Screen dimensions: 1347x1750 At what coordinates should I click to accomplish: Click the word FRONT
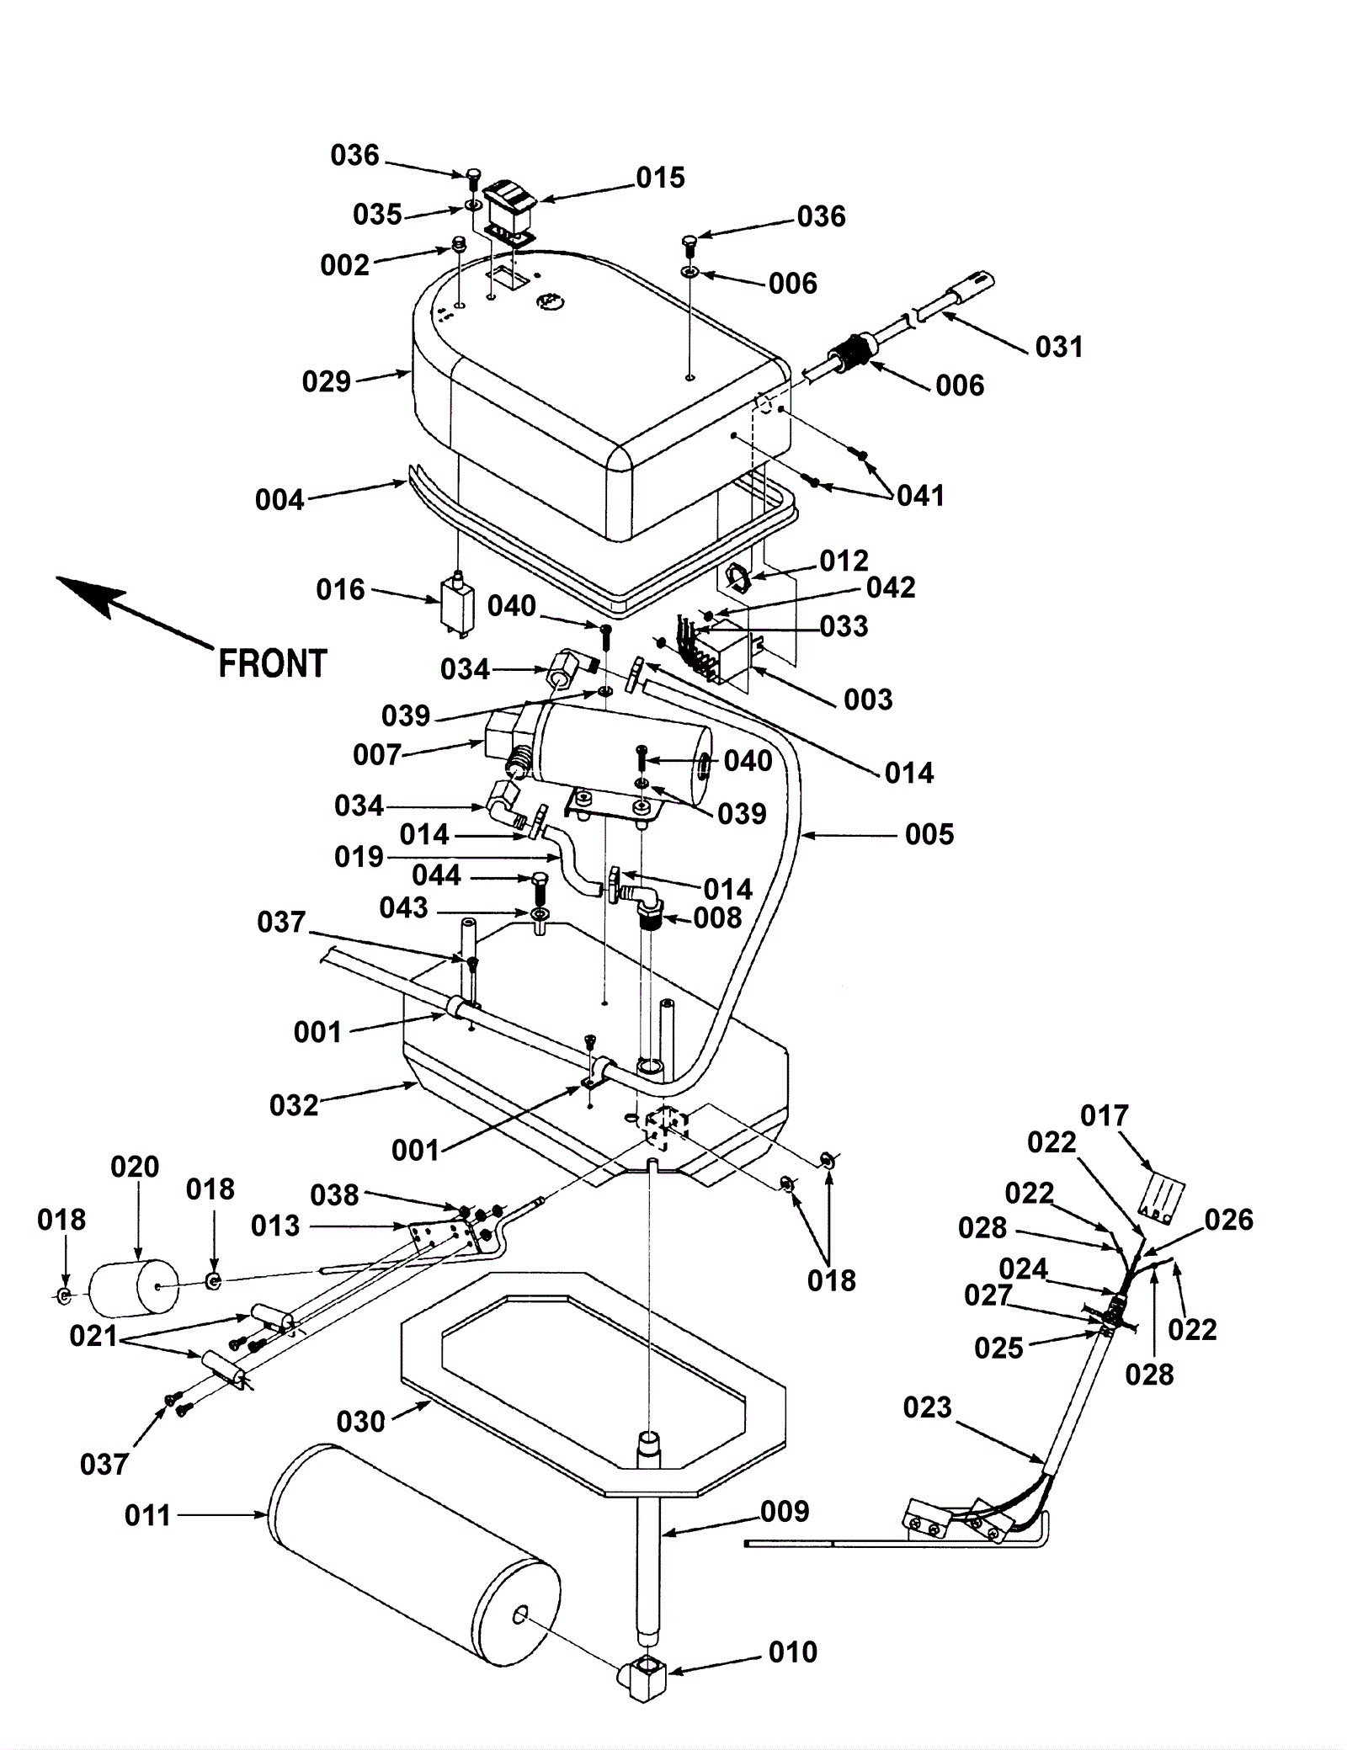(x=272, y=664)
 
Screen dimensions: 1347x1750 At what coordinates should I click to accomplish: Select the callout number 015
(x=661, y=178)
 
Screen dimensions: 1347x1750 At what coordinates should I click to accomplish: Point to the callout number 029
(x=327, y=382)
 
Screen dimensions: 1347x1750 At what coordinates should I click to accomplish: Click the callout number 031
(x=1059, y=347)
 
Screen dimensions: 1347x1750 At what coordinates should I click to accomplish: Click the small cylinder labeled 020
(x=134, y=1288)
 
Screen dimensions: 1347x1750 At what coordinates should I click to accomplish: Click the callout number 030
(x=360, y=1422)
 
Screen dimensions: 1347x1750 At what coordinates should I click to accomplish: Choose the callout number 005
(x=929, y=835)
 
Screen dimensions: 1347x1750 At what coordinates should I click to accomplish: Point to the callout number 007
(x=377, y=755)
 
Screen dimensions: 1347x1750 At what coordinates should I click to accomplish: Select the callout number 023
(x=927, y=1407)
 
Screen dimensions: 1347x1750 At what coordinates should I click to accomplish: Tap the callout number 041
(x=921, y=496)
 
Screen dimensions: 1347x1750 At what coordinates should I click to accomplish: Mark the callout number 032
(x=294, y=1105)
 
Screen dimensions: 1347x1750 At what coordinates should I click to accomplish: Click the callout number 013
(x=275, y=1226)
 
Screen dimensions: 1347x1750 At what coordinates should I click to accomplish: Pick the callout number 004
(x=280, y=501)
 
